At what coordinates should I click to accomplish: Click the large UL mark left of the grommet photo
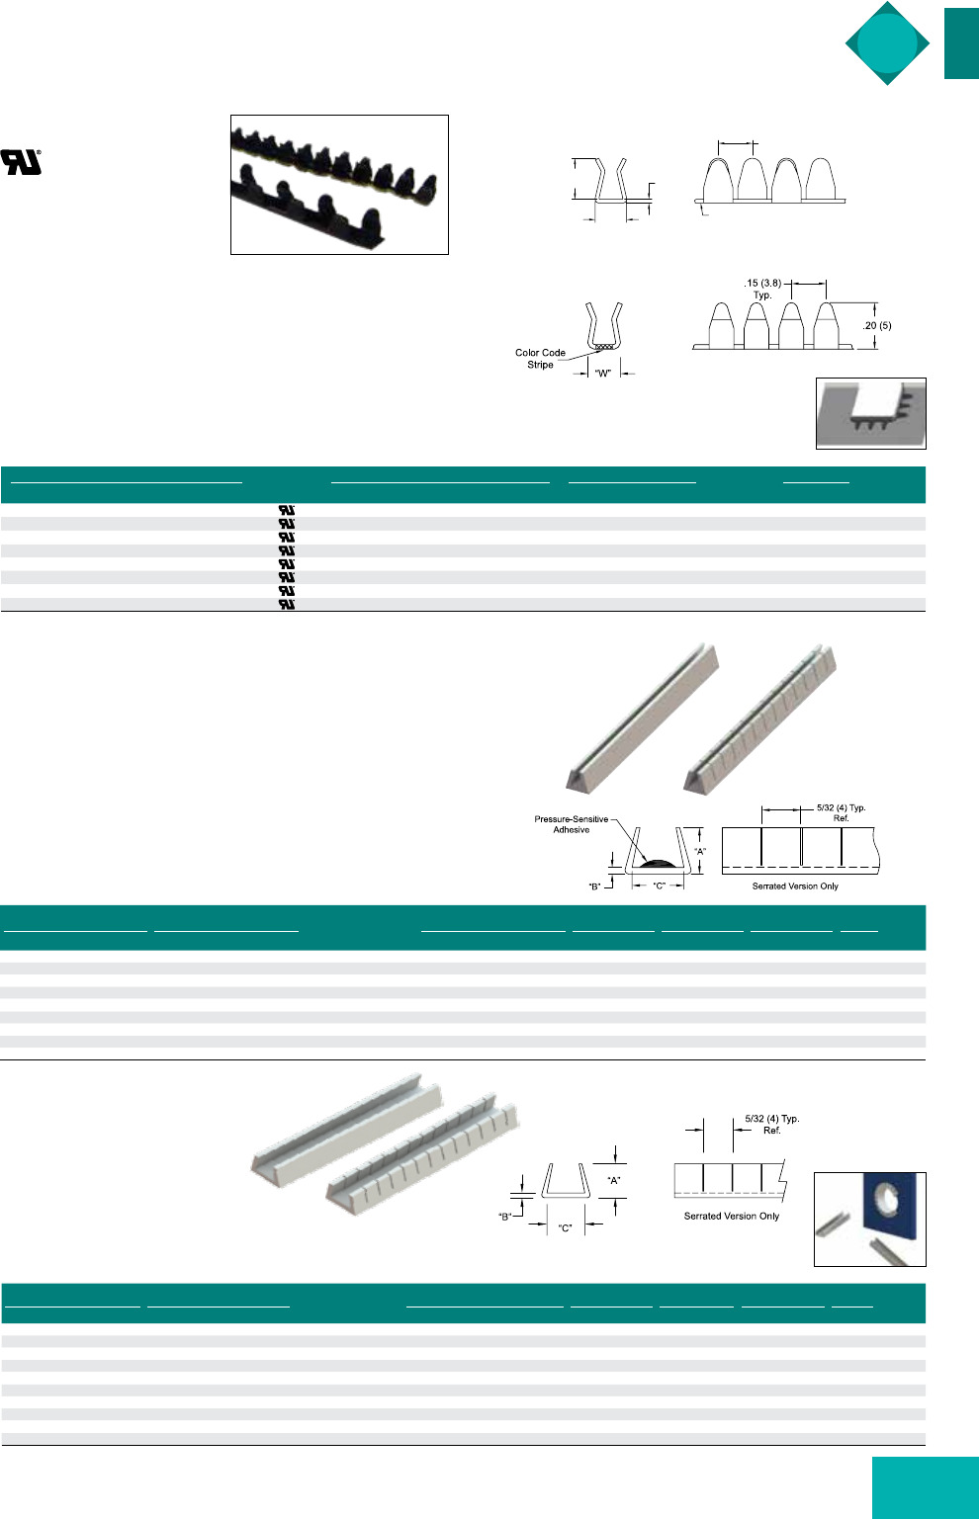(21, 162)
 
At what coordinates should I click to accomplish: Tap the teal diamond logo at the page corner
(887, 43)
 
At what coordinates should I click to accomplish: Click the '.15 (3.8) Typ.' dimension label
(762, 289)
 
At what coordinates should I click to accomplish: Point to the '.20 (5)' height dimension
(876, 325)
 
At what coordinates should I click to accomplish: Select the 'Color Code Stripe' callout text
(540, 359)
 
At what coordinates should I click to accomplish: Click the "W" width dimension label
(602, 373)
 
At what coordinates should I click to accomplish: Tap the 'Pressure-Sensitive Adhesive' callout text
(572, 824)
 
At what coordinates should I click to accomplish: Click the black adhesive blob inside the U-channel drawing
(658, 863)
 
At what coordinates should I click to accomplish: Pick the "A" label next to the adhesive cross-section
(700, 851)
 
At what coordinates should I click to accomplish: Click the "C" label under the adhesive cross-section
(659, 886)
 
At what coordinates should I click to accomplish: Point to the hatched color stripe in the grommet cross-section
(603, 347)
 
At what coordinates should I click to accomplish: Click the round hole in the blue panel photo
(887, 1202)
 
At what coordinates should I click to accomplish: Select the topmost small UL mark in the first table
(287, 510)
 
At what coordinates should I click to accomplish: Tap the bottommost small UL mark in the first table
(287, 604)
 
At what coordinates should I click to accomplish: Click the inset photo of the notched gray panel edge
(871, 414)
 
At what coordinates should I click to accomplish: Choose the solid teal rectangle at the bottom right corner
(926, 1487)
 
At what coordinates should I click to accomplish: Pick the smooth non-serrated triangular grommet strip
(643, 717)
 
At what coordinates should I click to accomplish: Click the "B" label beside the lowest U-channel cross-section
(504, 1217)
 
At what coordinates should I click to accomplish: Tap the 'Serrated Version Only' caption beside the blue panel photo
(732, 1216)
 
